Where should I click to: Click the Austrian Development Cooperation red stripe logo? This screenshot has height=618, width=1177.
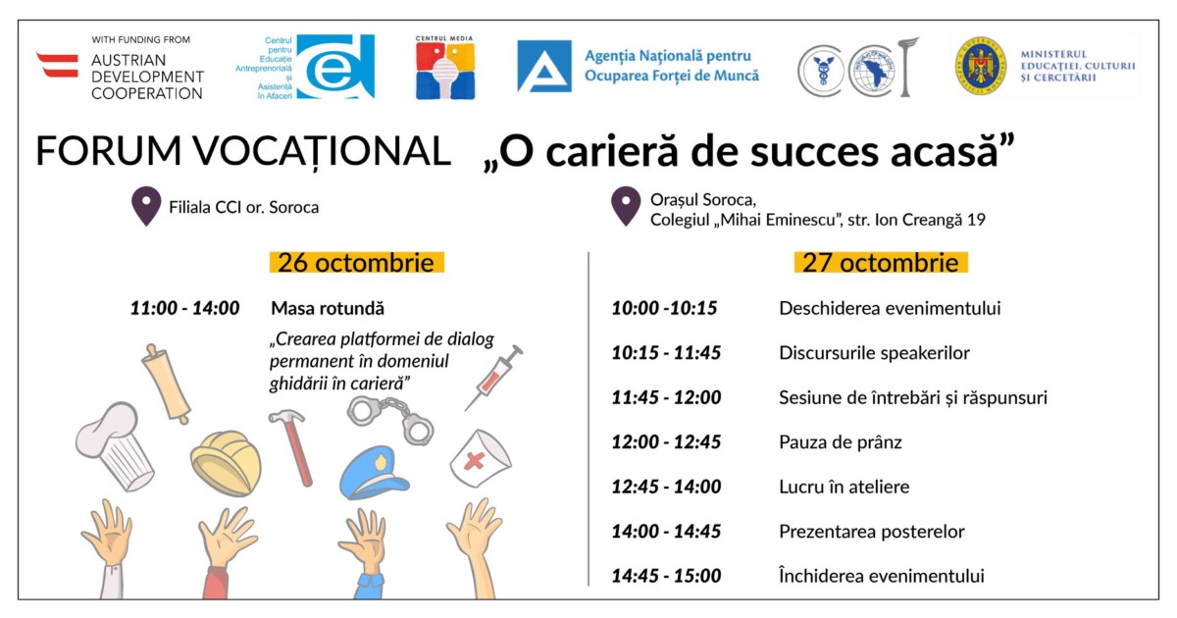(x=57, y=65)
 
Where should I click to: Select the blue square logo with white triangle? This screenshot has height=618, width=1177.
(x=543, y=67)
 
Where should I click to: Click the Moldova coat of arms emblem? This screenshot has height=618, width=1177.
(x=981, y=66)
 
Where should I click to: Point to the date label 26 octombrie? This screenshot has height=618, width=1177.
(x=356, y=263)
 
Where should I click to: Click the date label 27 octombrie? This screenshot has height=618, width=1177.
(x=881, y=263)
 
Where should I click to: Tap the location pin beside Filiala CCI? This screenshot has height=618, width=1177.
(x=146, y=206)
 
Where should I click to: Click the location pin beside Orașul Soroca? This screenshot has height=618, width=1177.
(x=626, y=206)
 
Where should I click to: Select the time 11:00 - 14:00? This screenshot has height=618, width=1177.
(x=185, y=308)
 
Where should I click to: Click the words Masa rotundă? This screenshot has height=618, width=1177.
(x=328, y=308)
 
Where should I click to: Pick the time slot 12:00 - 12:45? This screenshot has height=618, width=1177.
(x=666, y=442)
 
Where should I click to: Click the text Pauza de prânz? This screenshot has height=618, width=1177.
(x=841, y=442)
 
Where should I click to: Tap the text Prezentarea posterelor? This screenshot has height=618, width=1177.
(x=872, y=532)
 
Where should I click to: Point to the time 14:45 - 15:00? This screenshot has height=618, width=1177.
(x=666, y=576)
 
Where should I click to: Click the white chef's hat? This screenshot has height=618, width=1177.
(x=115, y=446)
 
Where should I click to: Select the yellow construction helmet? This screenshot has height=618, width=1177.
(x=226, y=463)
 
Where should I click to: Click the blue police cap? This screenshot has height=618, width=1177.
(x=373, y=473)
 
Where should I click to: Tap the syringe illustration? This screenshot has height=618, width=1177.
(x=494, y=377)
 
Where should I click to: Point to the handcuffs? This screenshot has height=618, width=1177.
(x=390, y=419)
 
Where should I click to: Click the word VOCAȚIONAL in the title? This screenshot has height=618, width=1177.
(x=322, y=151)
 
